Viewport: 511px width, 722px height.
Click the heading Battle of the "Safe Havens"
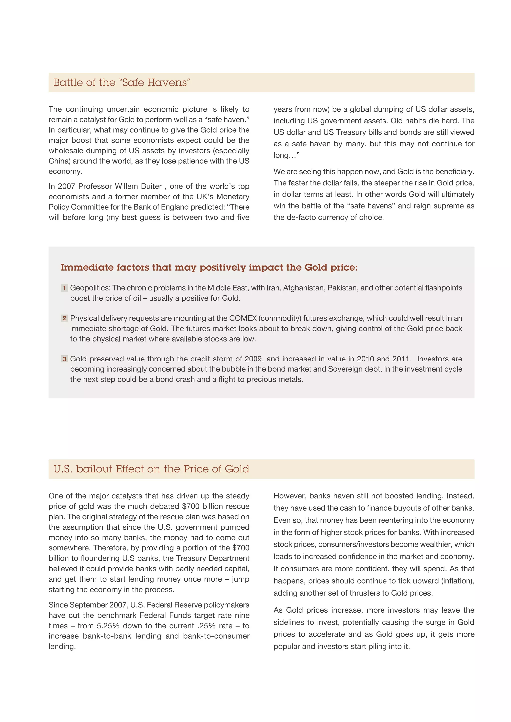pos(122,82)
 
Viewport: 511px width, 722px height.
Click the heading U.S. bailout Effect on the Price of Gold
pos(151,469)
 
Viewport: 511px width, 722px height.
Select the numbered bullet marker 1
pos(64,288)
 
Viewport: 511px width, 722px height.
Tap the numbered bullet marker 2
pos(64,318)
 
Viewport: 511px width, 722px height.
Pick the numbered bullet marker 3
pos(64,359)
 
